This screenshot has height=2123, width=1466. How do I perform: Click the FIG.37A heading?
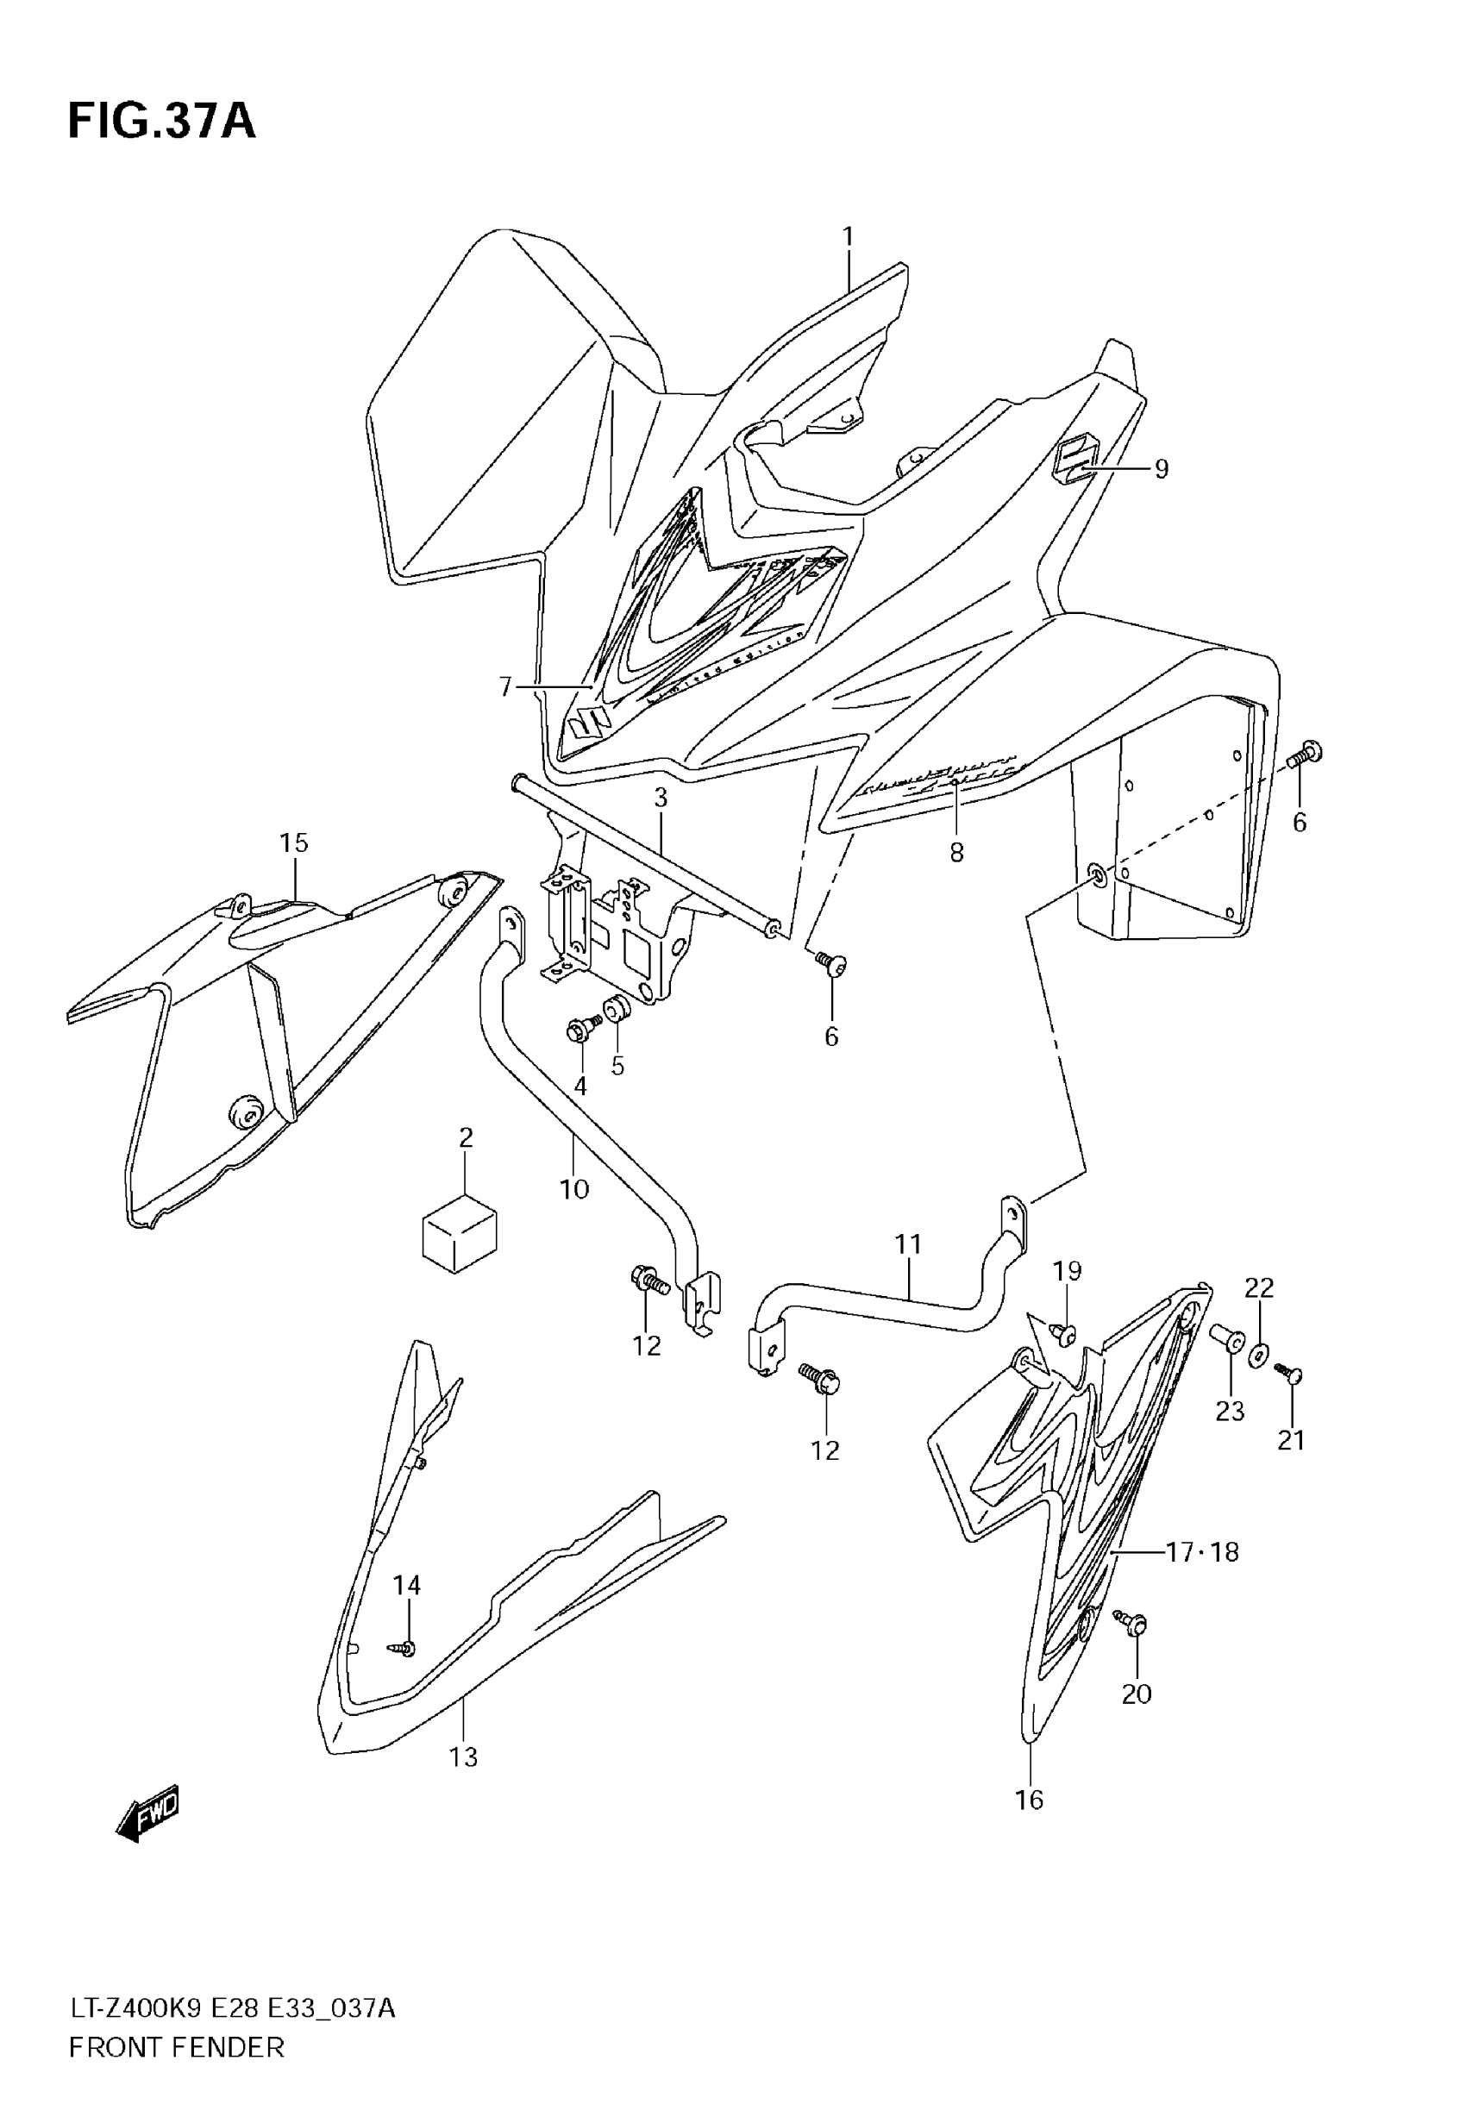coord(161,122)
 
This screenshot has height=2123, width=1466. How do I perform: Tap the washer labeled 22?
coord(1259,1350)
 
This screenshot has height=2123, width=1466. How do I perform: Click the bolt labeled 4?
coord(580,1030)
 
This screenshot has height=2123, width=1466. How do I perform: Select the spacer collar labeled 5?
coord(615,1013)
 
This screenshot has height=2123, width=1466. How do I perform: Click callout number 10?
coord(574,1189)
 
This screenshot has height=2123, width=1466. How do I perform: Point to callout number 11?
coord(907,1244)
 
